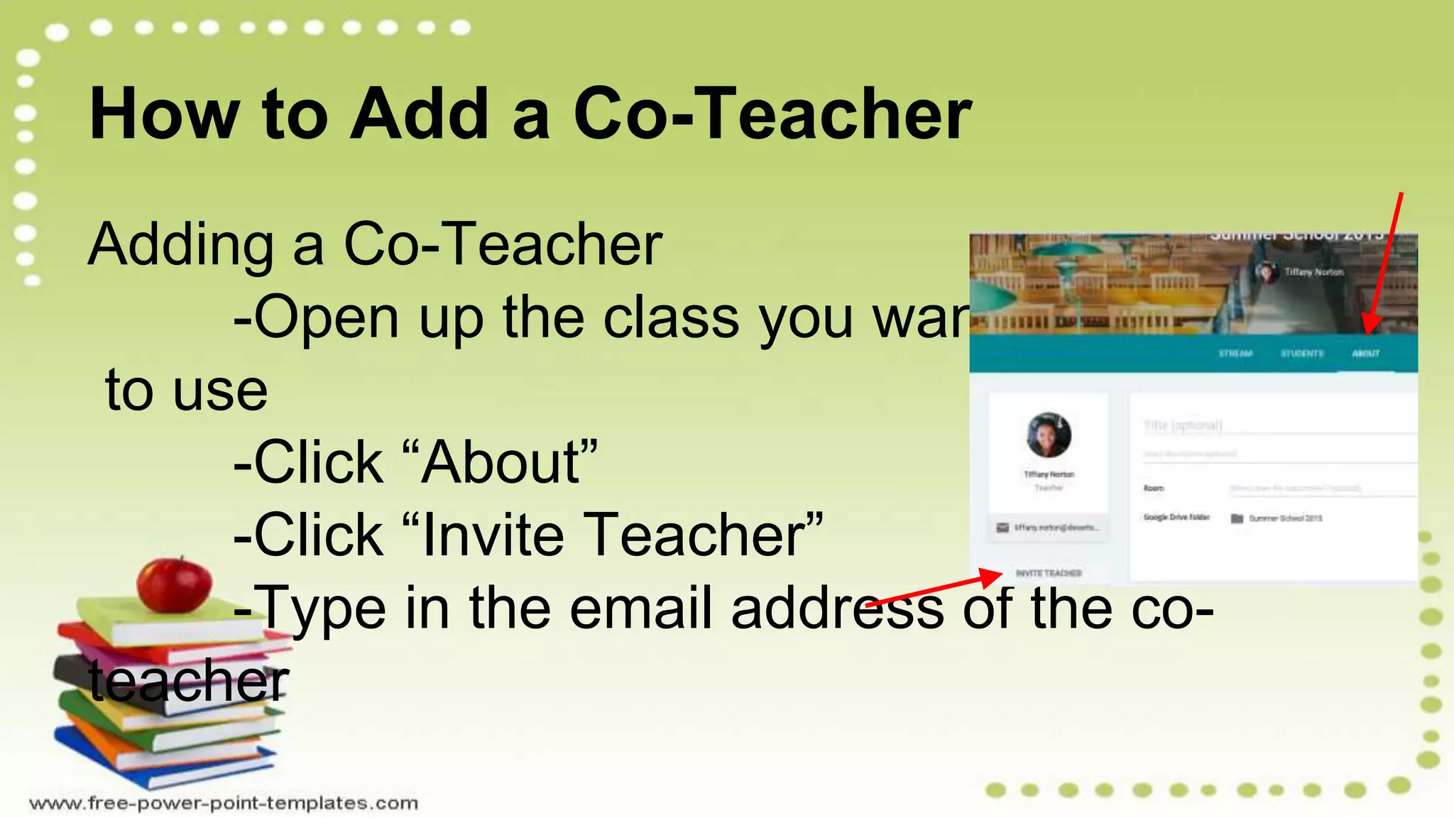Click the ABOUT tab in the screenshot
point(1365,354)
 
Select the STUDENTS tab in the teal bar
point(1302,354)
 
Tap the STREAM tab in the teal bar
point(1235,354)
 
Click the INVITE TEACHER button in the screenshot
point(1049,573)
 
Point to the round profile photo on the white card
point(1049,435)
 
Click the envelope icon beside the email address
point(1002,528)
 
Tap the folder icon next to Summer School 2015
point(1237,518)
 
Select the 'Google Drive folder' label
point(1176,518)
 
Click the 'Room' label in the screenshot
point(1154,489)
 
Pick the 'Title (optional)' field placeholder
point(1183,425)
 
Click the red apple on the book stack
point(174,584)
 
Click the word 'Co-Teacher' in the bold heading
point(772,114)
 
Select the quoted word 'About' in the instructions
point(503,462)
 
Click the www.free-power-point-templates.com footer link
point(224,803)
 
